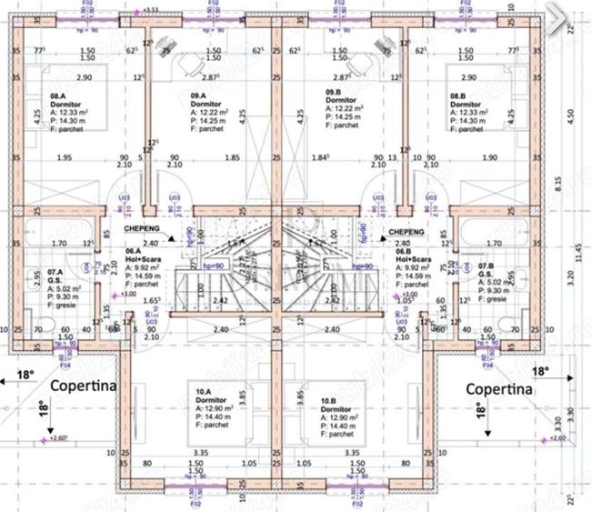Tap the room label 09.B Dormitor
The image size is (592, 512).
(x=338, y=96)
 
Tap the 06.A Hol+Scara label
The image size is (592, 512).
(x=142, y=256)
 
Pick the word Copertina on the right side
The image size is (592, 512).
(x=498, y=388)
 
